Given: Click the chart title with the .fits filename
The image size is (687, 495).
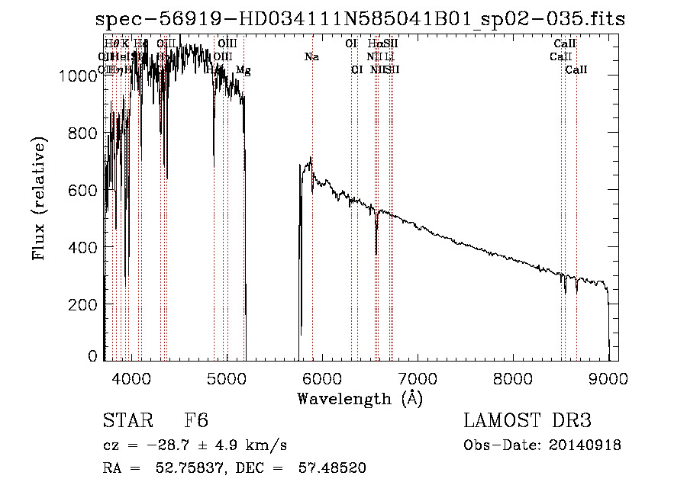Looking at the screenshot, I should pyautogui.click(x=360, y=20).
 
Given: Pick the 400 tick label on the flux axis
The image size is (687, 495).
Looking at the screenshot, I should pyautogui.click(x=86, y=248).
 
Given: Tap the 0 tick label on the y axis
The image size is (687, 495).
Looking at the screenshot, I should pyautogui.click(x=92, y=356).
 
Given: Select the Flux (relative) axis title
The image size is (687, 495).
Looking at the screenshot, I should pyautogui.click(x=39, y=198).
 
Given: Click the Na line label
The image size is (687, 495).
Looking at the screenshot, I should pyautogui.click(x=311, y=57).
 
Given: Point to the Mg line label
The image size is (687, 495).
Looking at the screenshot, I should pyautogui.click(x=243, y=71).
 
